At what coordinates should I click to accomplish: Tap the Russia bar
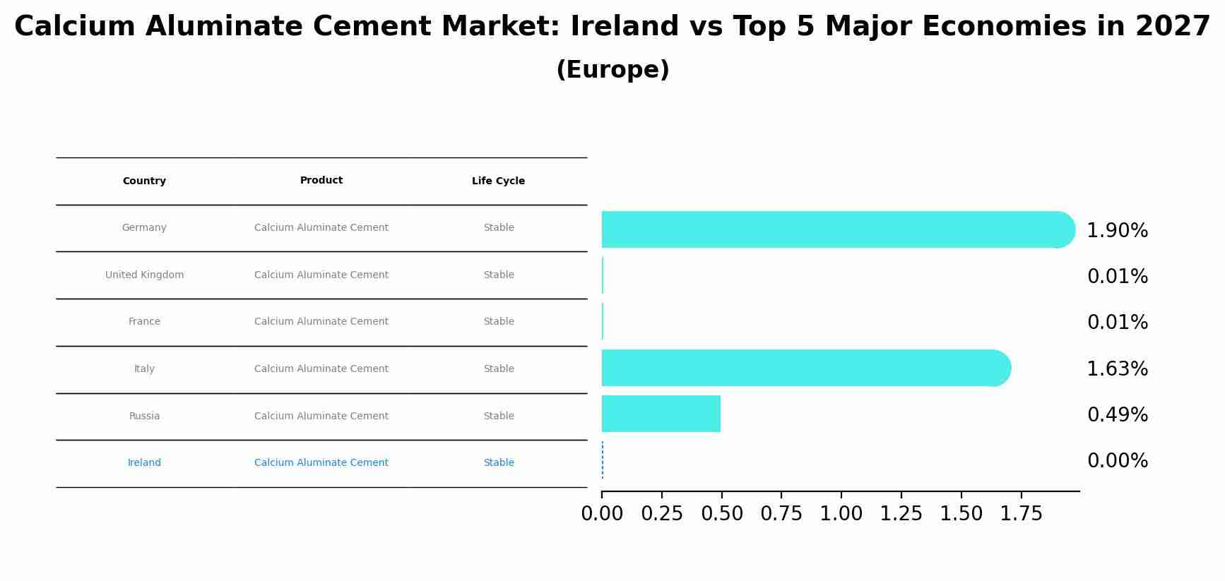[x=661, y=414]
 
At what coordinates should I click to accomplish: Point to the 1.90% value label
[x=1117, y=231]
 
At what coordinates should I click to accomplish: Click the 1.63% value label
[x=1117, y=369]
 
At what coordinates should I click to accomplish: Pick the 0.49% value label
[x=1117, y=415]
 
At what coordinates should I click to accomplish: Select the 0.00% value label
[x=1117, y=461]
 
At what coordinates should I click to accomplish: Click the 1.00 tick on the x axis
[x=841, y=514]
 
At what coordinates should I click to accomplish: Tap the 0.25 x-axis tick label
[x=662, y=514]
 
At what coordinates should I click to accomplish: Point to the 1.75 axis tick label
[x=1021, y=514]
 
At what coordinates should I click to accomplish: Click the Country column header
[x=144, y=181]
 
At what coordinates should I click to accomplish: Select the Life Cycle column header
[x=498, y=181]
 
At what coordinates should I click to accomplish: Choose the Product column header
[x=321, y=180]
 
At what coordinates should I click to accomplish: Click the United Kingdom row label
[x=144, y=275]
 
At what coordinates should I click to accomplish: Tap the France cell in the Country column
[x=144, y=321]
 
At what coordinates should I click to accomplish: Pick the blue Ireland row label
[x=144, y=462]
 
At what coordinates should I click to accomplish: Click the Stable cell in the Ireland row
[x=498, y=462]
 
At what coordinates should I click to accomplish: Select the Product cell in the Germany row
[x=321, y=227]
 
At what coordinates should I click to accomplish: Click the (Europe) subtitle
[x=612, y=70]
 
